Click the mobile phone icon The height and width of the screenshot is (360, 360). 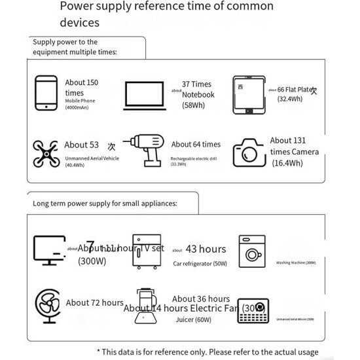pos(46,93)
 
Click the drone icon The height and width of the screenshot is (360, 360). pos(45,154)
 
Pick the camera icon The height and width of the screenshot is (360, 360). pos(249,152)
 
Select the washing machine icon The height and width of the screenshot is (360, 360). pos(252,251)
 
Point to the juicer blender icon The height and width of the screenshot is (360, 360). pos(145,306)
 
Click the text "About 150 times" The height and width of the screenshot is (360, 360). pos(81,88)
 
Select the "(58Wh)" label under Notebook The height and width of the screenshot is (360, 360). pos(194,105)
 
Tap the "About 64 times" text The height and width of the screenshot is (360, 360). pos(196,145)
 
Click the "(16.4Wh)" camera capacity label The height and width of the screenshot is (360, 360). pos(287,164)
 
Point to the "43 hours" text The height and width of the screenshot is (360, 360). pos(206,249)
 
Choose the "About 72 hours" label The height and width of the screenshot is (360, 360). pos(94,303)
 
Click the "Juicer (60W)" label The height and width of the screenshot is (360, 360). pos(193,320)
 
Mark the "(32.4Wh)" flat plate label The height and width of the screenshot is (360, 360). pos(290,99)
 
